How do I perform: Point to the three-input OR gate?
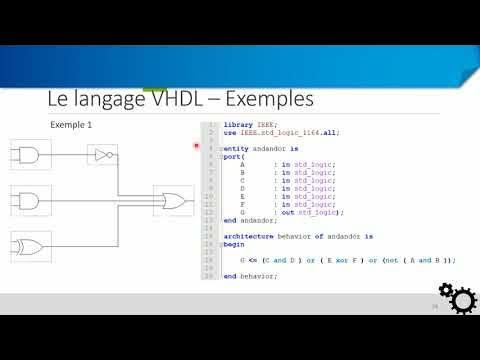174,200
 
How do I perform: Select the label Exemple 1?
71,125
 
